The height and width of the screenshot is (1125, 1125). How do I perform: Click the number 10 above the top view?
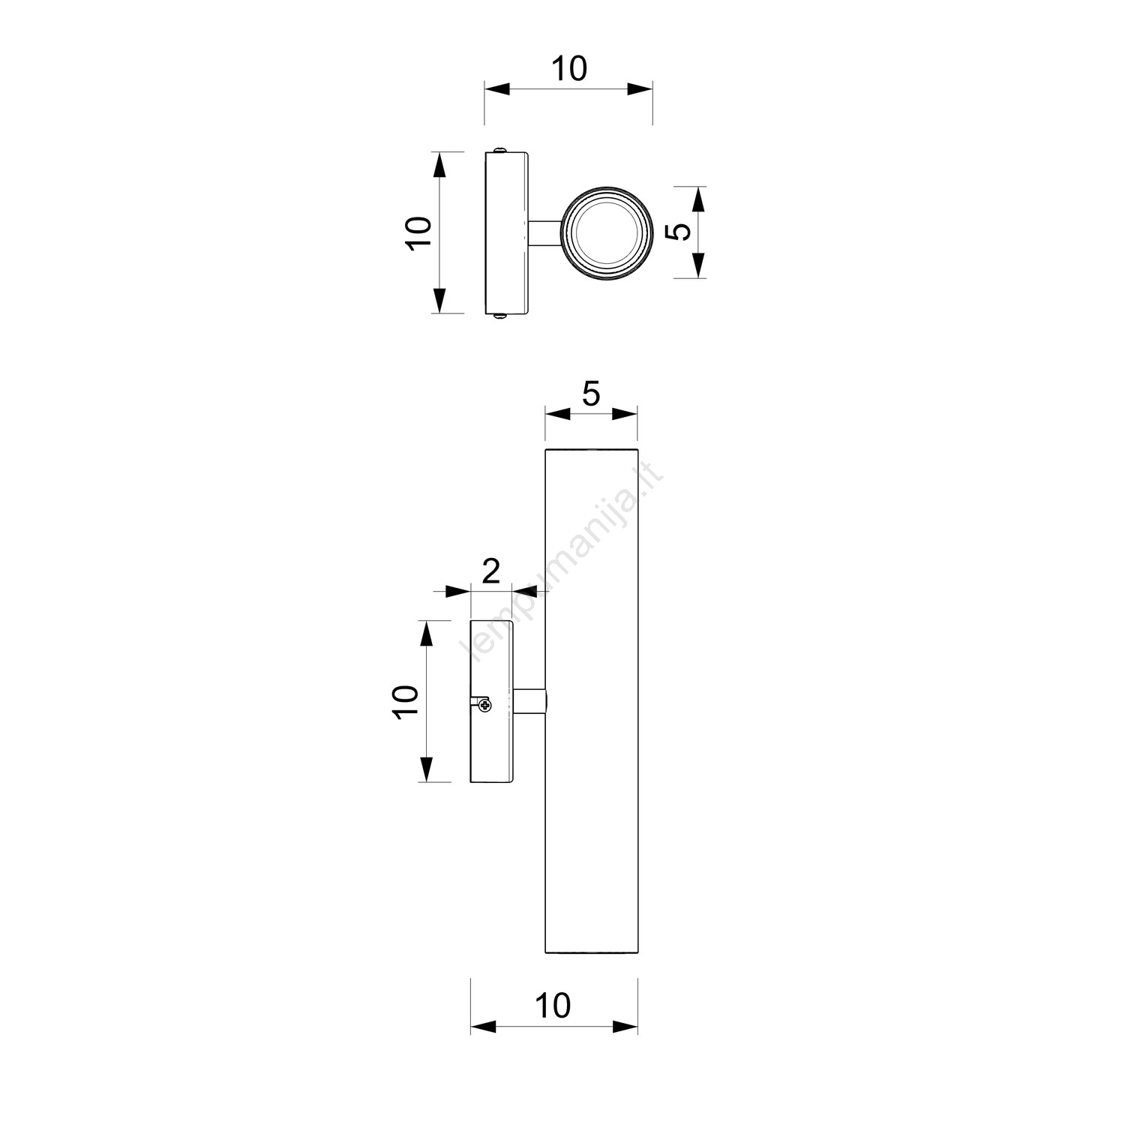569,69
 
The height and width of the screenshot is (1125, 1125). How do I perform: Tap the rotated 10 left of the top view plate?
418,232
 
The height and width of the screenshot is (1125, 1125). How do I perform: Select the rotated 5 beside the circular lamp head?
679,232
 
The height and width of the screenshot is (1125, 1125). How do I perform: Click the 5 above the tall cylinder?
591,394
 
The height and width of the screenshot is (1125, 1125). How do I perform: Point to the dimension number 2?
490,571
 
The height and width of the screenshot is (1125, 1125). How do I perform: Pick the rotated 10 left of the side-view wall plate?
405,702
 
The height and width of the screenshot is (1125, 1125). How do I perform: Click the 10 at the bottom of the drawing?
553,1006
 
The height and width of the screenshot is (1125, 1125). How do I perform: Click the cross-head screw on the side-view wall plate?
484,703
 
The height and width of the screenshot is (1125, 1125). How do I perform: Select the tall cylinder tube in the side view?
591,701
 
